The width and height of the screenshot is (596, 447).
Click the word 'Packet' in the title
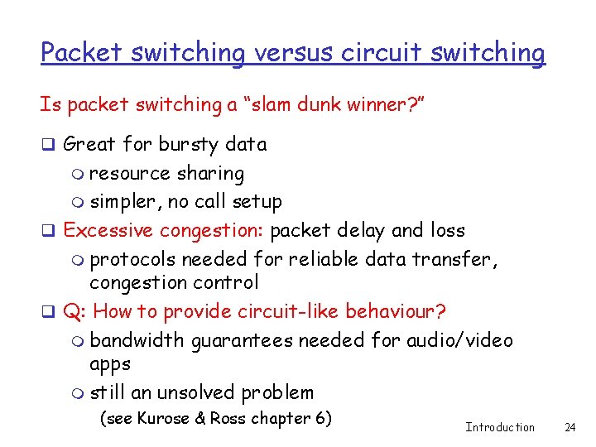81,53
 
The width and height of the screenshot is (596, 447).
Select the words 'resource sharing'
166,173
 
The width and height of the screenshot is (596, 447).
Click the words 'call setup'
243,201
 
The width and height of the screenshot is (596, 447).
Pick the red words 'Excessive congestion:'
165,230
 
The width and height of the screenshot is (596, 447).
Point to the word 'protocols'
132,259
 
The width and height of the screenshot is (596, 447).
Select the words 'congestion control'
174,282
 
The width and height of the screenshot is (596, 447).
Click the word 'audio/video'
462,340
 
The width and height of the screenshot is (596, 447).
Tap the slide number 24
570,428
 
